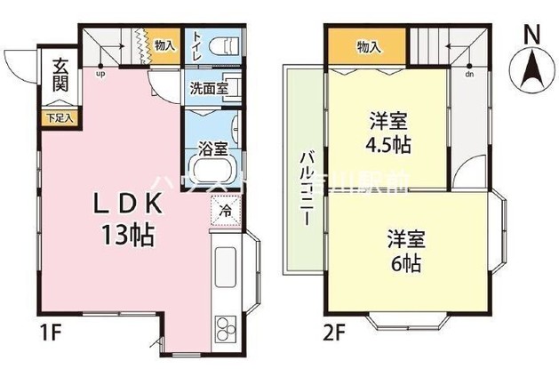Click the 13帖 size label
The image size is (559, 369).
129,236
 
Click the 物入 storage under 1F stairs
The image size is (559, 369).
163,44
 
